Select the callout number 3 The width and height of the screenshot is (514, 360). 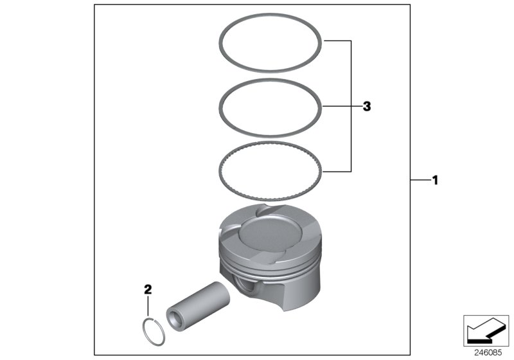(366, 106)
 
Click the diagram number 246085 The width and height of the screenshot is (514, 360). (489, 352)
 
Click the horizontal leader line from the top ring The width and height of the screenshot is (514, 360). (337, 40)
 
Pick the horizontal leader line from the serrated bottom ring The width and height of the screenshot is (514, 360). (337, 172)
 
